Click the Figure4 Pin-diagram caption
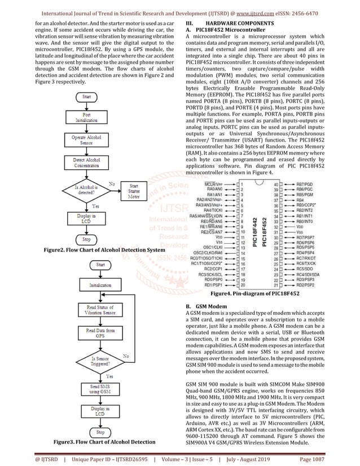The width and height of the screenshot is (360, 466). [254, 294]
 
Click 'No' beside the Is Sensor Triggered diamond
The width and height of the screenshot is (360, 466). [126, 356]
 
